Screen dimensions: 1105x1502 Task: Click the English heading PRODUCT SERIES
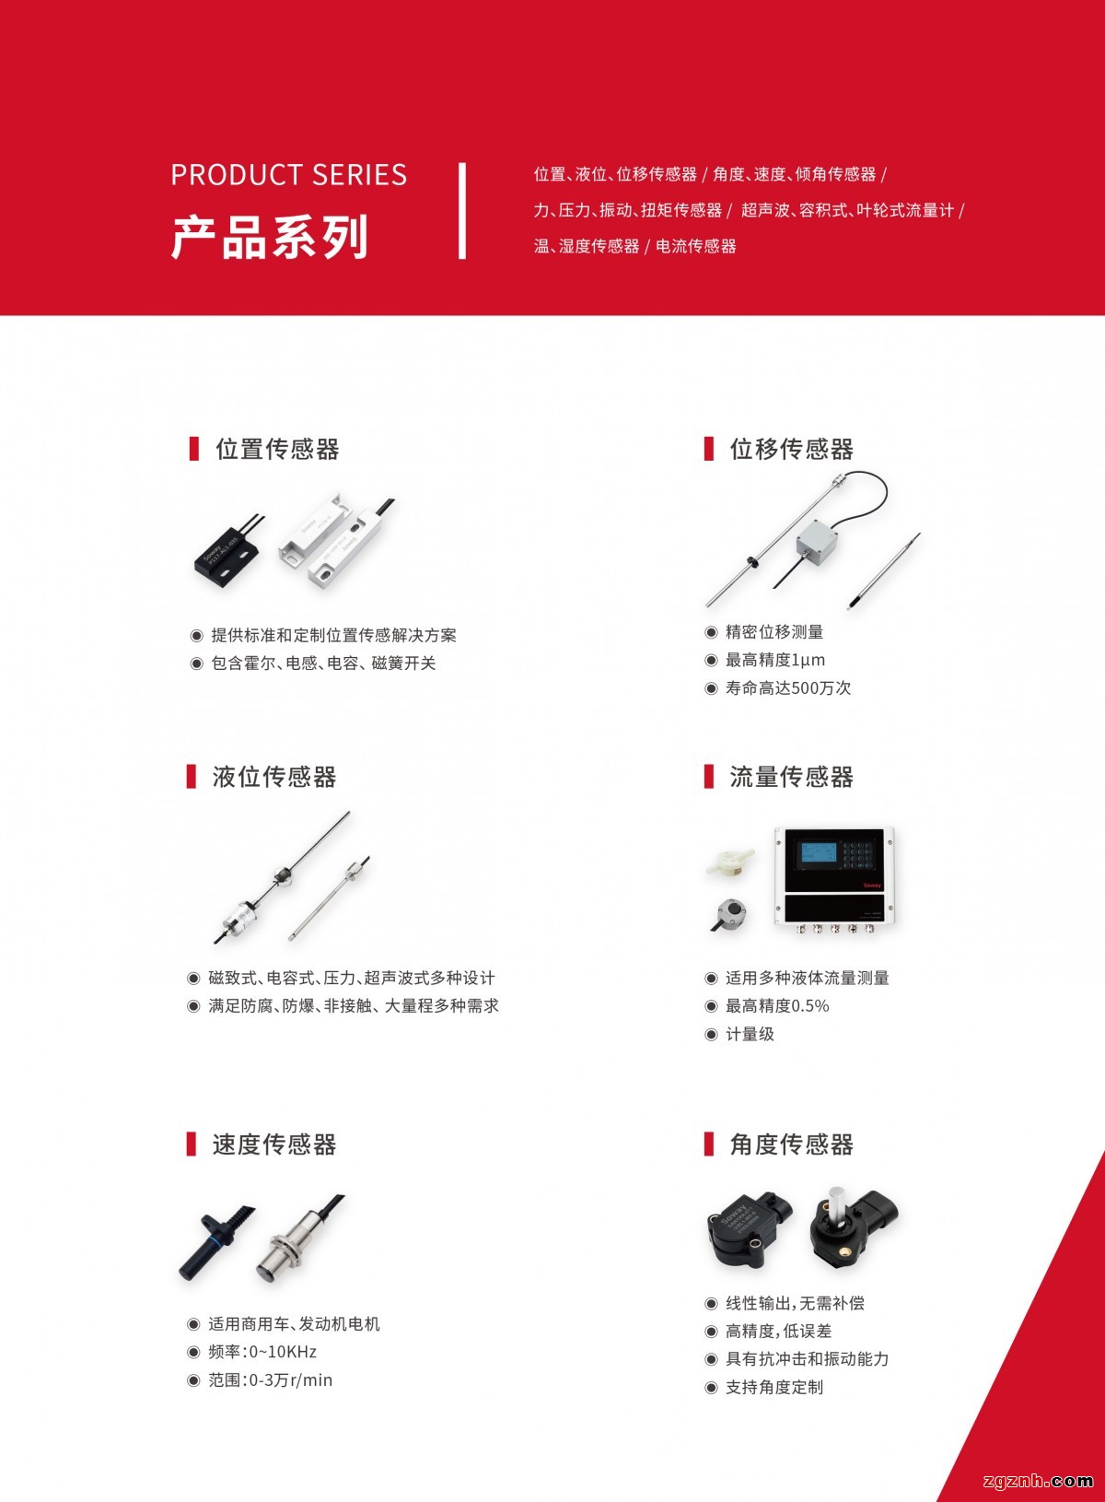coord(289,175)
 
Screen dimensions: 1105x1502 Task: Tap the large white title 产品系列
coord(270,238)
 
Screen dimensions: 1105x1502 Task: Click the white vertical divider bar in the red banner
coord(461,210)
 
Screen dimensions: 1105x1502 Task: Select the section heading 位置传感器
coord(277,450)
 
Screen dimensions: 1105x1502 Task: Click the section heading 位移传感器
coord(791,450)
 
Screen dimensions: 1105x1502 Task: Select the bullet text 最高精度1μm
coord(775,660)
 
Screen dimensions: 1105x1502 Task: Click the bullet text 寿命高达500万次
coord(788,688)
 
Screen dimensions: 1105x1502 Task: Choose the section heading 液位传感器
coord(274,777)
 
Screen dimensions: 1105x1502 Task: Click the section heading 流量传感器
coord(791,777)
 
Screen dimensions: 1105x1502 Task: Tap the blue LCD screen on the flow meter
coord(819,853)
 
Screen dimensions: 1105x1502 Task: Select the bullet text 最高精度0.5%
coord(777,1006)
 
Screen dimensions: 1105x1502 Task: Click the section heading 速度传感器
coord(274,1144)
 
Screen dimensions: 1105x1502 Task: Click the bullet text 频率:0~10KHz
coord(262,1352)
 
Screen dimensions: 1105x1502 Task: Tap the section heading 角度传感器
coord(791,1144)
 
